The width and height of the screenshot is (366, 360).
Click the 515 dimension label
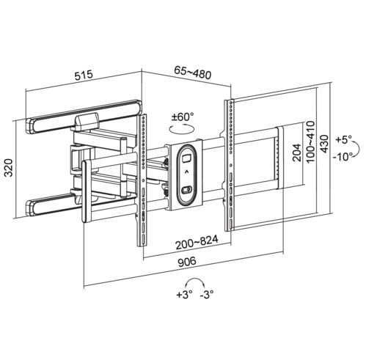[x=84, y=75]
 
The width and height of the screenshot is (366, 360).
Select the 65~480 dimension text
[x=192, y=73]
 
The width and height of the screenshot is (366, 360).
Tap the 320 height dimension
[x=9, y=168]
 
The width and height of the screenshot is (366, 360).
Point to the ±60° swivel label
[x=183, y=117]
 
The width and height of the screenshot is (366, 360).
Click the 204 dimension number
[x=297, y=153]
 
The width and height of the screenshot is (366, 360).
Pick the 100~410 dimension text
[x=310, y=142]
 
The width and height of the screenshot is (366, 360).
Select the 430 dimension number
[x=325, y=144]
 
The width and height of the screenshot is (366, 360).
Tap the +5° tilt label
[x=343, y=139]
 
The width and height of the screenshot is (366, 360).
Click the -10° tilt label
[x=343, y=156]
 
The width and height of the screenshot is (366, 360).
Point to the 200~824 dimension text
[x=197, y=243]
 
